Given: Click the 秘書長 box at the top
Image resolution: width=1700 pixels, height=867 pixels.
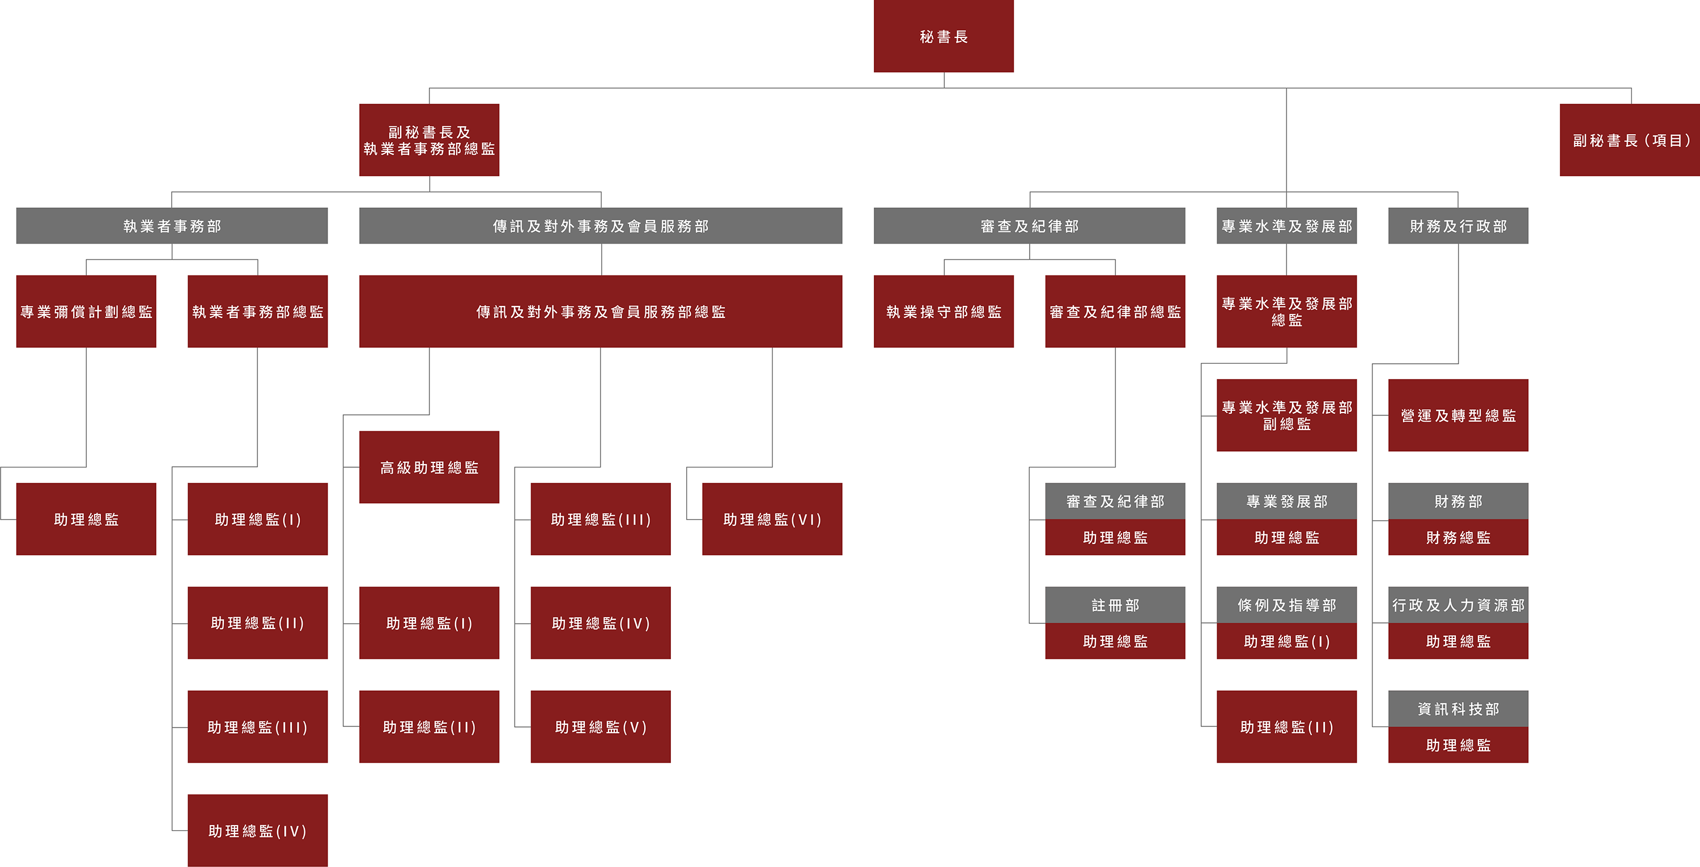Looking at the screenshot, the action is [943, 36].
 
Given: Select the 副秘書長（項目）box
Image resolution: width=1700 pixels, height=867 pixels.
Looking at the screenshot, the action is [1629, 140].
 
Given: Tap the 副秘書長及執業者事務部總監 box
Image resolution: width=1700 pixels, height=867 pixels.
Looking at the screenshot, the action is [429, 140].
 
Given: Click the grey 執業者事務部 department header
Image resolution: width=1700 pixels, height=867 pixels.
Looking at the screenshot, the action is [172, 226].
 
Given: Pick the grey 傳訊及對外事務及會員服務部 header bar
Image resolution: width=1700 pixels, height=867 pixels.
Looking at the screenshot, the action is [601, 226].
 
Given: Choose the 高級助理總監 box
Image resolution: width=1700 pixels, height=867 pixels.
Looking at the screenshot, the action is [429, 467].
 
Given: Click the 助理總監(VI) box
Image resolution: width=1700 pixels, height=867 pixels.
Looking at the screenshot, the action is [772, 519].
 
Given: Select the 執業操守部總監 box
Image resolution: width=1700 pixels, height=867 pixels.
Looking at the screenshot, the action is [943, 312].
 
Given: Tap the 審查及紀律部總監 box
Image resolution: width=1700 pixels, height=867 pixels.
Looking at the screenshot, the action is [1115, 312].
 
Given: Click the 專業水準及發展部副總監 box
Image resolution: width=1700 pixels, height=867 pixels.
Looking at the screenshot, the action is [1287, 415].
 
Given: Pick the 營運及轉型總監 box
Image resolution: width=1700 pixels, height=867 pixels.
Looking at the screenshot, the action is [1459, 415].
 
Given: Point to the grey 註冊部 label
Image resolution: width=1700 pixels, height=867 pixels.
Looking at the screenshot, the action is [1115, 605].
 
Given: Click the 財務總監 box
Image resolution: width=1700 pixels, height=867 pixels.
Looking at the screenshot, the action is [1459, 538].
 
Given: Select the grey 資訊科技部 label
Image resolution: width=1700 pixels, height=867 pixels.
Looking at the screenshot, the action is [1459, 709].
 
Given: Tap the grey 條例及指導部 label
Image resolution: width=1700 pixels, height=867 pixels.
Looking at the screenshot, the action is [1287, 605].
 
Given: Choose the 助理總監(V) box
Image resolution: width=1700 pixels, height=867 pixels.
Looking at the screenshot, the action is [601, 727].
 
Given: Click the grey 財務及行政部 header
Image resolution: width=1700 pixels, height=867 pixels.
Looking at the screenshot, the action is [1459, 226].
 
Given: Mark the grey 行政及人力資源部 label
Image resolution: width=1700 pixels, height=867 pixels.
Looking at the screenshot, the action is [1459, 605].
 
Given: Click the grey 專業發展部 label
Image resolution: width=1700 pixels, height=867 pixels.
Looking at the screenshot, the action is [1287, 501].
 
